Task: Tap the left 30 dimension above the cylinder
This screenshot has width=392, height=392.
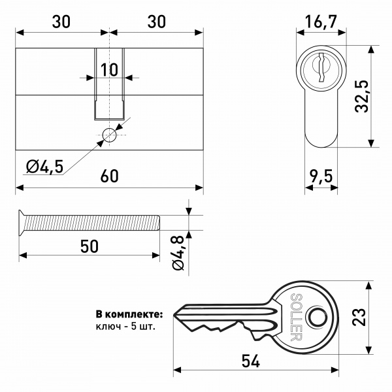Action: click(x=61, y=21)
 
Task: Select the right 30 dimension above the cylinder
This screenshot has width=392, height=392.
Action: click(x=155, y=21)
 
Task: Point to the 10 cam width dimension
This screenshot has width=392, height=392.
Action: click(x=109, y=69)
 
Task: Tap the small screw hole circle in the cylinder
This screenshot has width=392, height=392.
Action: click(x=109, y=135)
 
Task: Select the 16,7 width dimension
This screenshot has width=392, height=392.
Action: click(x=321, y=23)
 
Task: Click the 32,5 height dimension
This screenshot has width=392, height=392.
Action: click(x=363, y=97)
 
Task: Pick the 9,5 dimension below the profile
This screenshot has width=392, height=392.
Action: click(x=321, y=176)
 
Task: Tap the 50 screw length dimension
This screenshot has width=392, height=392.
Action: click(x=89, y=246)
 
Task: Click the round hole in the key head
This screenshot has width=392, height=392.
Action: click(x=318, y=317)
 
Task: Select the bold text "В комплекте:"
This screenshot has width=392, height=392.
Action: click(x=129, y=314)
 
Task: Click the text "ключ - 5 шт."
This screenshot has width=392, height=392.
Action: click(x=125, y=325)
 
